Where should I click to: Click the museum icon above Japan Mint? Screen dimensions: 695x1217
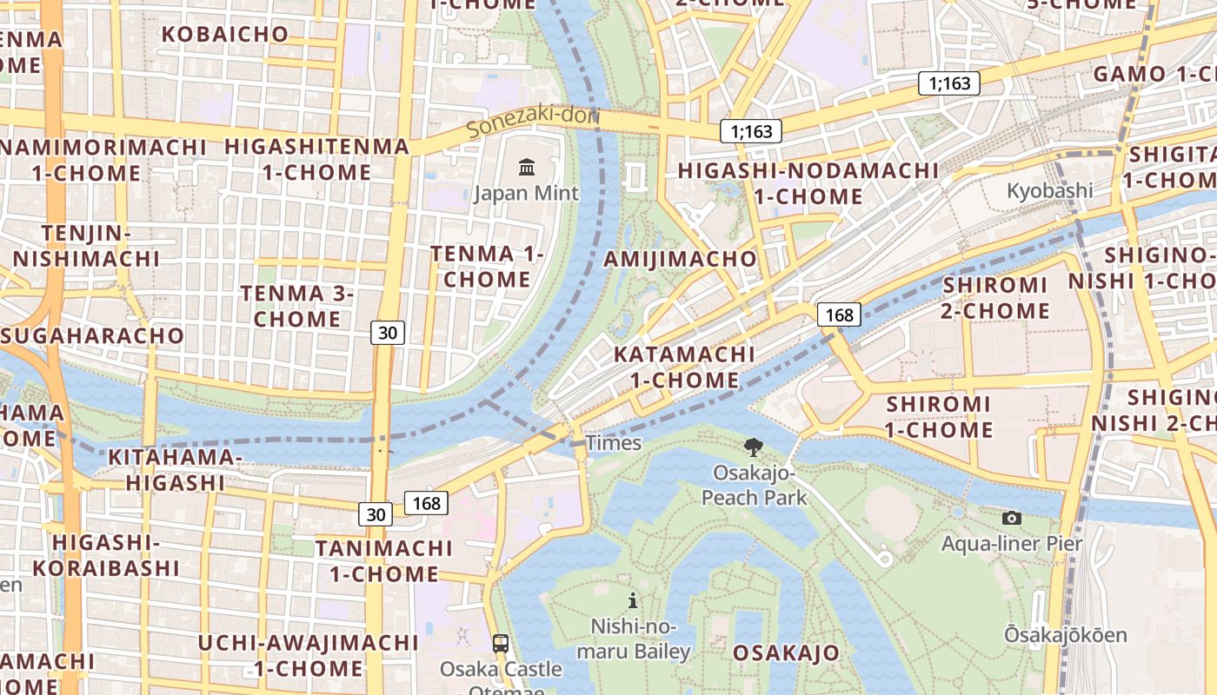click(527, 167)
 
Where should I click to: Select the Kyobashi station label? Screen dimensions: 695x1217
click(1049, 190)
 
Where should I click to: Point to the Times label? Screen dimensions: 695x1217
click(614, 443)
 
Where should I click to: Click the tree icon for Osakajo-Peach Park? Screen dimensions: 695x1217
click(754, 447)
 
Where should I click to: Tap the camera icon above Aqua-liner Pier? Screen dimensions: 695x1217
click(1012, 519)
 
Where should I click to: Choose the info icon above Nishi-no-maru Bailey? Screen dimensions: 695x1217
click(633, 600)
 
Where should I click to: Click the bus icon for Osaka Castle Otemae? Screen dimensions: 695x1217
click(501, 644)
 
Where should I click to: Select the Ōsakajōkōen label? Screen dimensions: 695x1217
click(1066, 635)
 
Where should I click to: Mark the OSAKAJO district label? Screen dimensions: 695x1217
click(786, 653)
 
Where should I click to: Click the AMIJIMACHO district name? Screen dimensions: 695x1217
click(681, 259)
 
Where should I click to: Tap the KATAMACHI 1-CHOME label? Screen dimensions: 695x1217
click(684, 367)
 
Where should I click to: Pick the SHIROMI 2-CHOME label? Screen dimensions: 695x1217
click(996, 298)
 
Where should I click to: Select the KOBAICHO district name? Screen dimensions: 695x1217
click(225, 34)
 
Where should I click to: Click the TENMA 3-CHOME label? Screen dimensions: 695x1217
click(297, 307)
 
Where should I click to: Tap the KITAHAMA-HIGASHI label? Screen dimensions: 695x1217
click(175, 470)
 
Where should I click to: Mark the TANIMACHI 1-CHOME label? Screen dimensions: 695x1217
click(383, 561)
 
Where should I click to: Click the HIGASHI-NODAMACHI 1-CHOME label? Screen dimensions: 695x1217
click(808, 183)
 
